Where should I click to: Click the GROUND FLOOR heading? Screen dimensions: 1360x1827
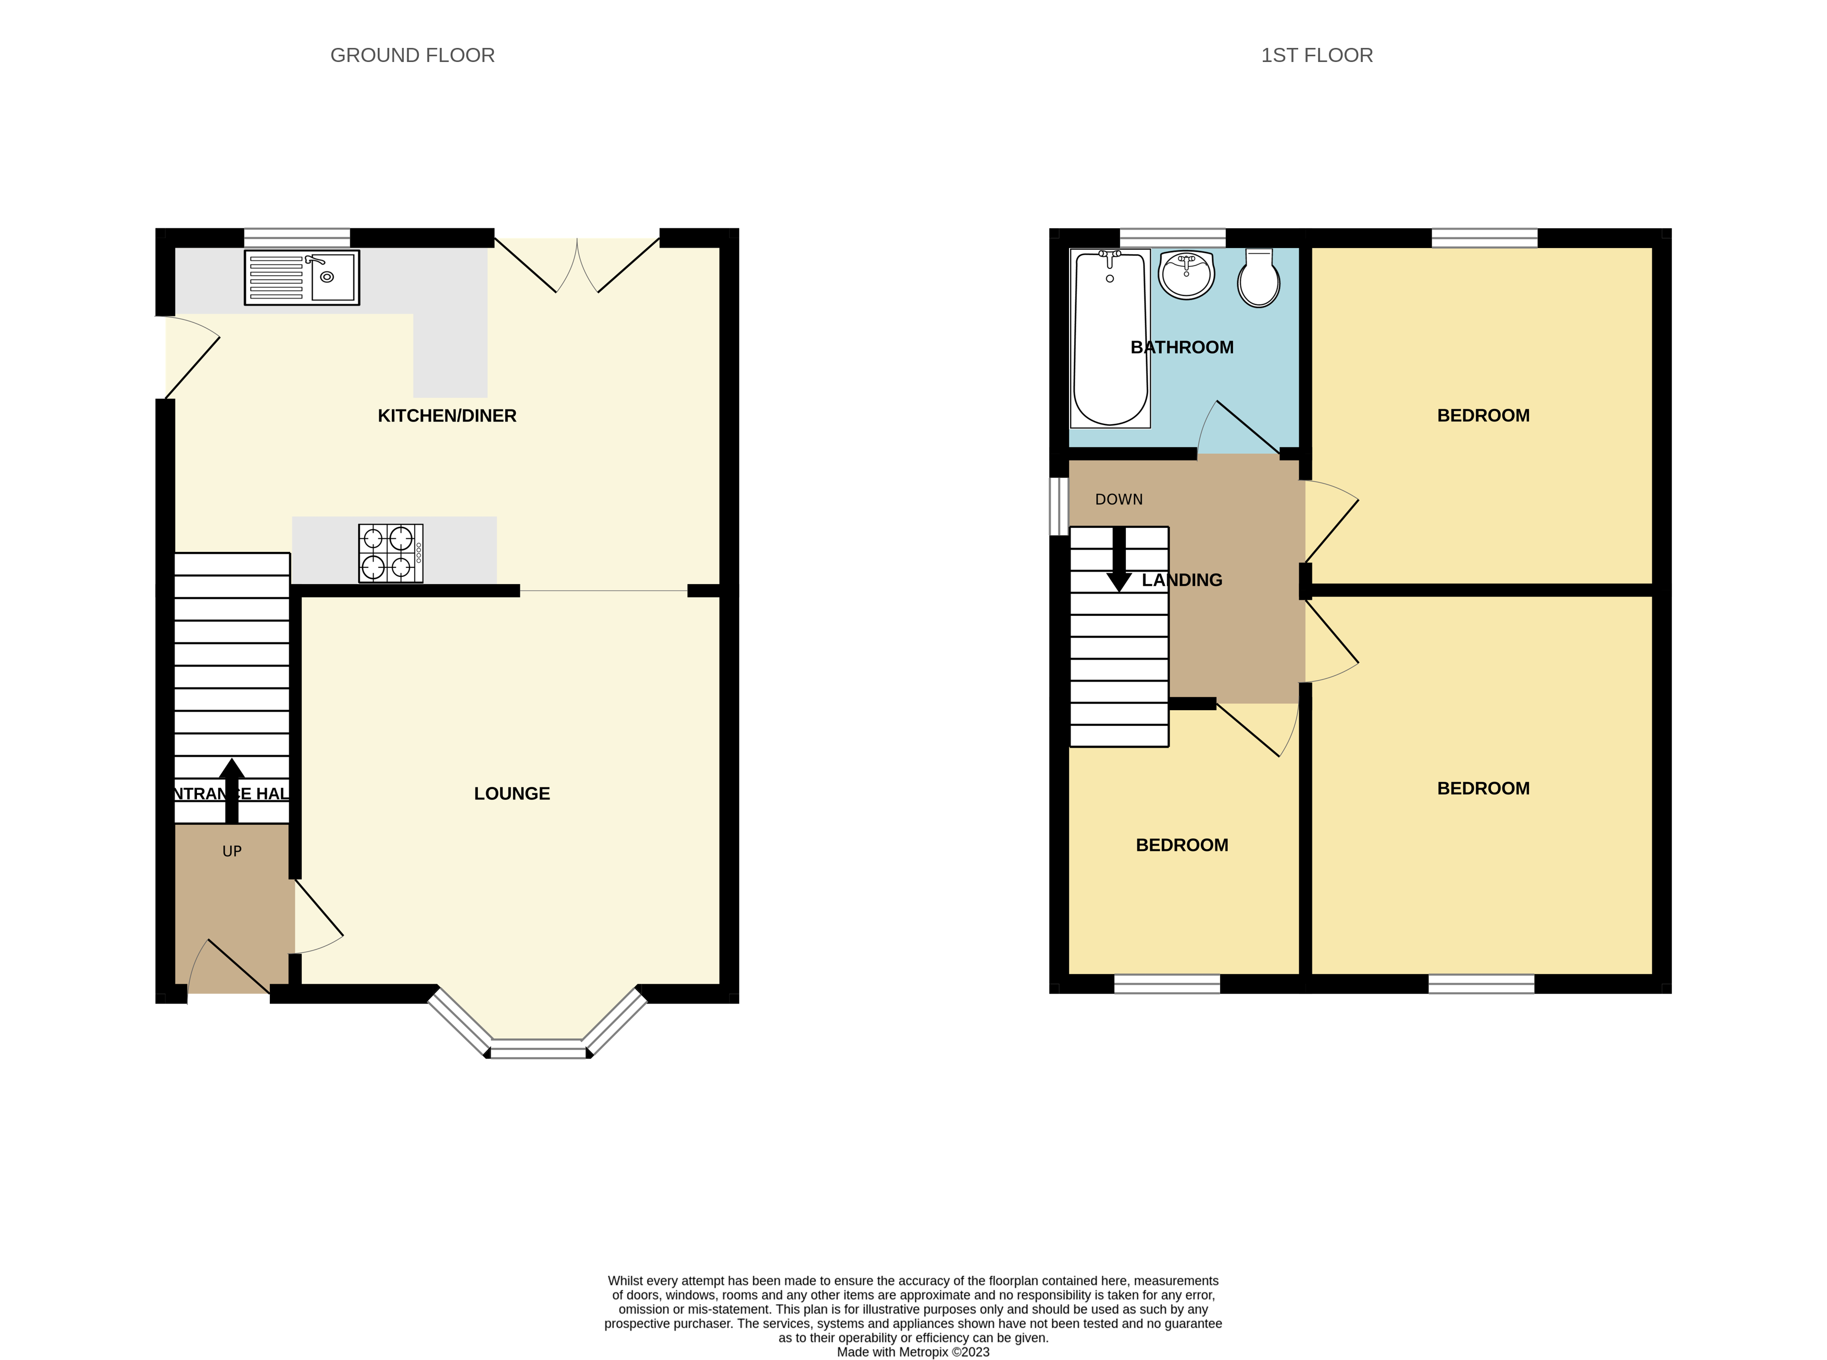[x=412, y=55]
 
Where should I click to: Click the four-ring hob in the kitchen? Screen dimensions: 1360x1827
[x=390, y=552]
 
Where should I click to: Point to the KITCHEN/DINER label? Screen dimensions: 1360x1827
[x=447, y=416]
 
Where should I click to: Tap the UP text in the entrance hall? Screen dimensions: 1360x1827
[x=231, y=851]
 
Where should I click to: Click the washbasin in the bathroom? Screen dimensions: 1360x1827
[x=1185, y=274]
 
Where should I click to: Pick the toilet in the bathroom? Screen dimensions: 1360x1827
[x=1258, y=279]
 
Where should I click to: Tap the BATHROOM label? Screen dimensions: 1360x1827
[x=1181, y=348]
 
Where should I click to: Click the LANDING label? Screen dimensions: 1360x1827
[x=1182, y=580]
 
